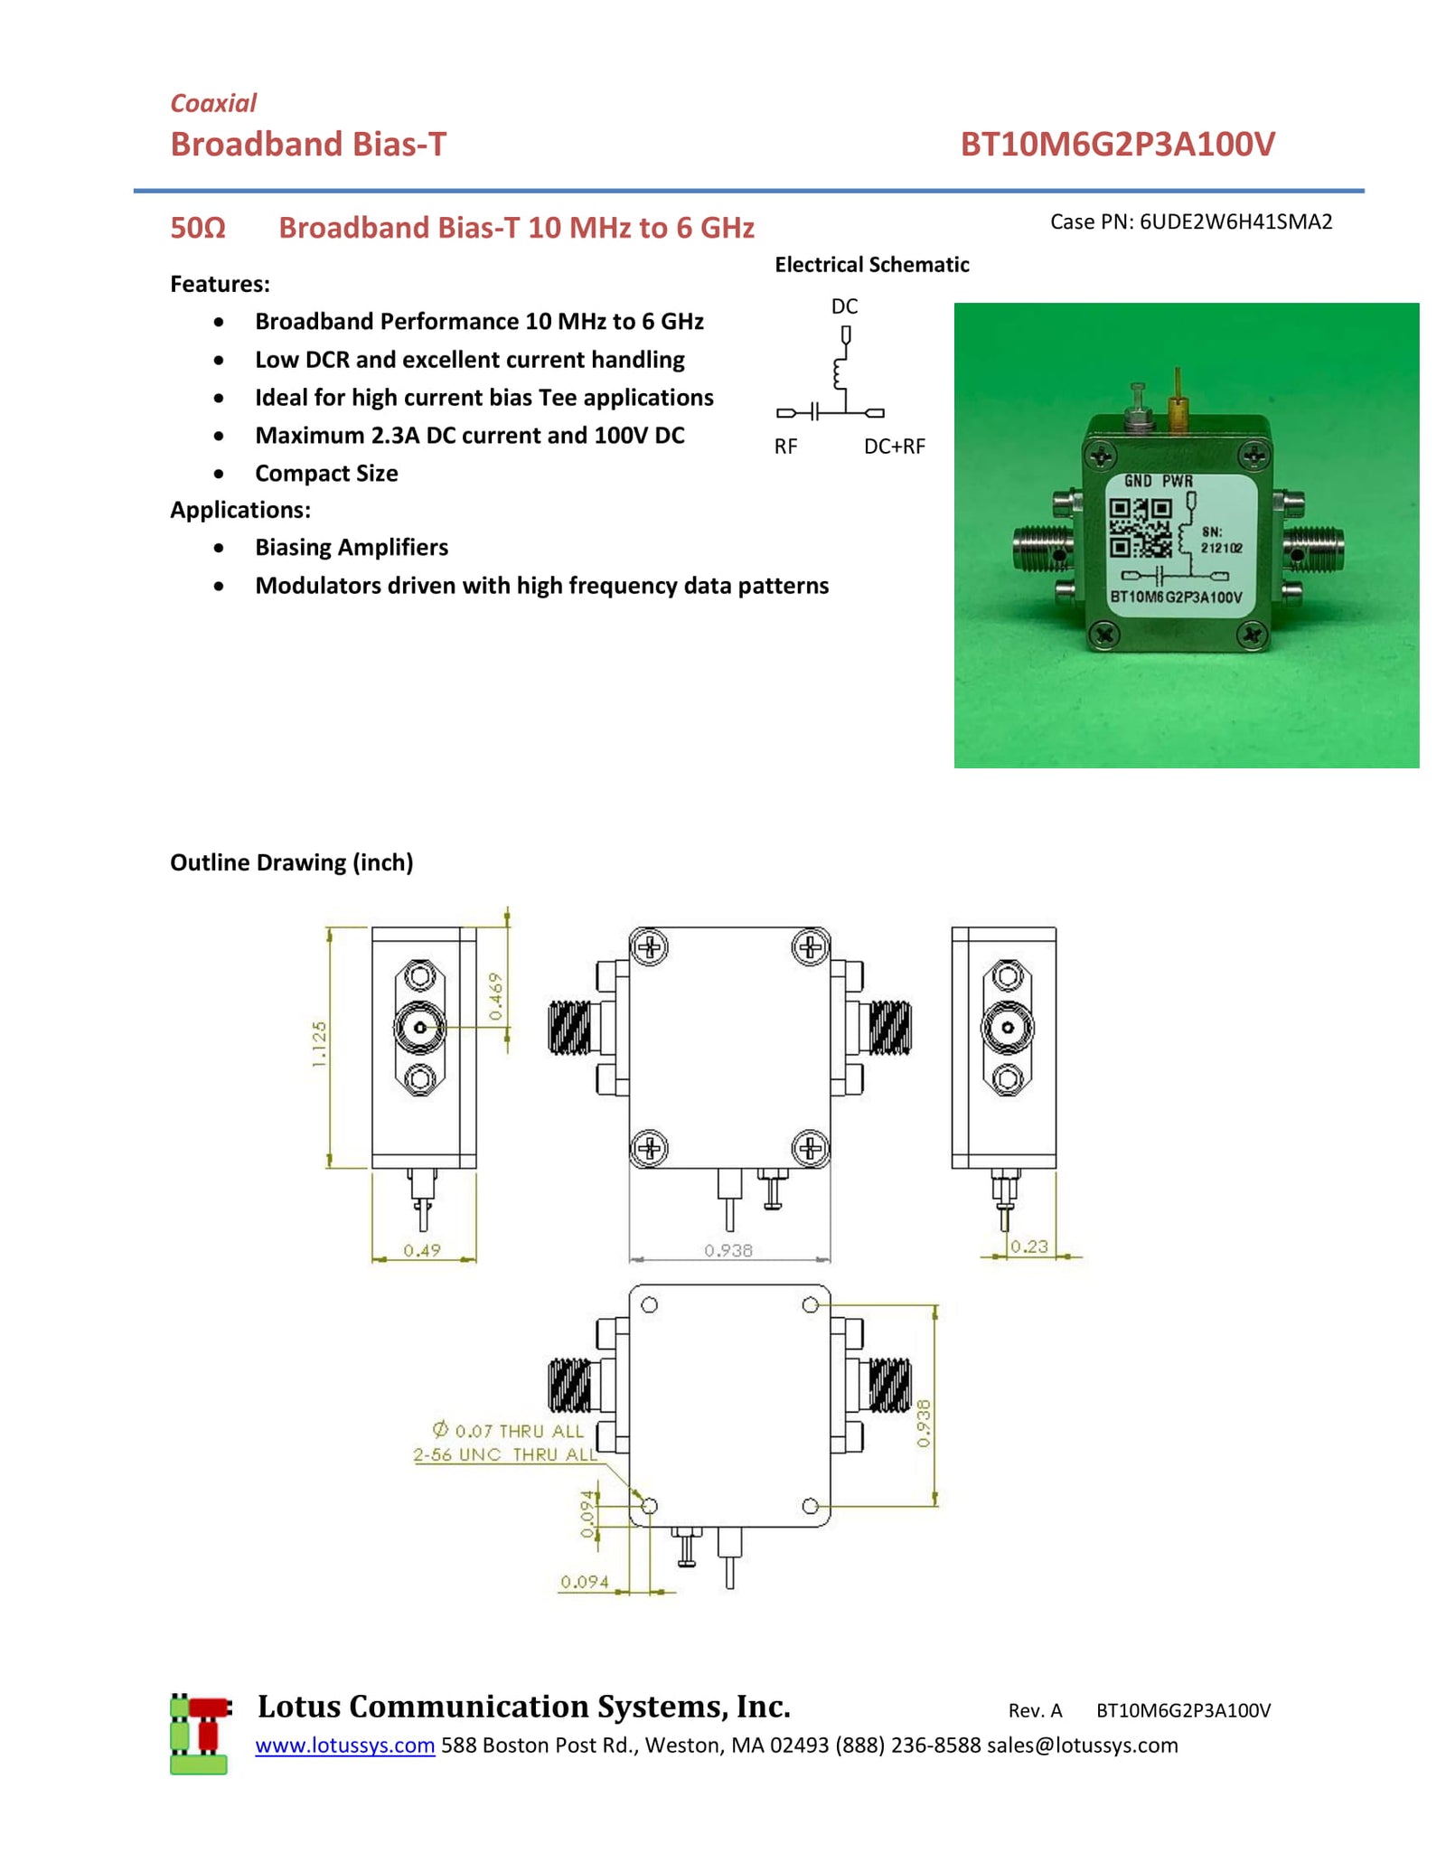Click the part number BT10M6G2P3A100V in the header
pos(1116,145)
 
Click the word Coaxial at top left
pos(213,103)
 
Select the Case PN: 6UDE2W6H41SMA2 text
pos(1190,222)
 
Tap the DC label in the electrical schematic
pos(843,306)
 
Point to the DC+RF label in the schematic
pos(894,447)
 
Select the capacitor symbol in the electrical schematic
pos(814,413)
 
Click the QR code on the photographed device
pos(1140,528)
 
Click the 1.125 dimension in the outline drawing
pos(319,1044)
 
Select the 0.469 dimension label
pos(495,997)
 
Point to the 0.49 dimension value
pos(422,1251)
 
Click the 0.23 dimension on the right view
pos(1029,1246)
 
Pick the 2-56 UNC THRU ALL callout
pos(504,1455)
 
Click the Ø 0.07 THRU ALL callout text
pos(509,1431)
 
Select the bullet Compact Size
pos(326,474)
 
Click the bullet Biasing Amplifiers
pos(351,548)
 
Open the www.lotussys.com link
pos(344,1745)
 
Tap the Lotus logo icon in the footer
pos(200,1734)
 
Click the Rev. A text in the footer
pos(1035,1710)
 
